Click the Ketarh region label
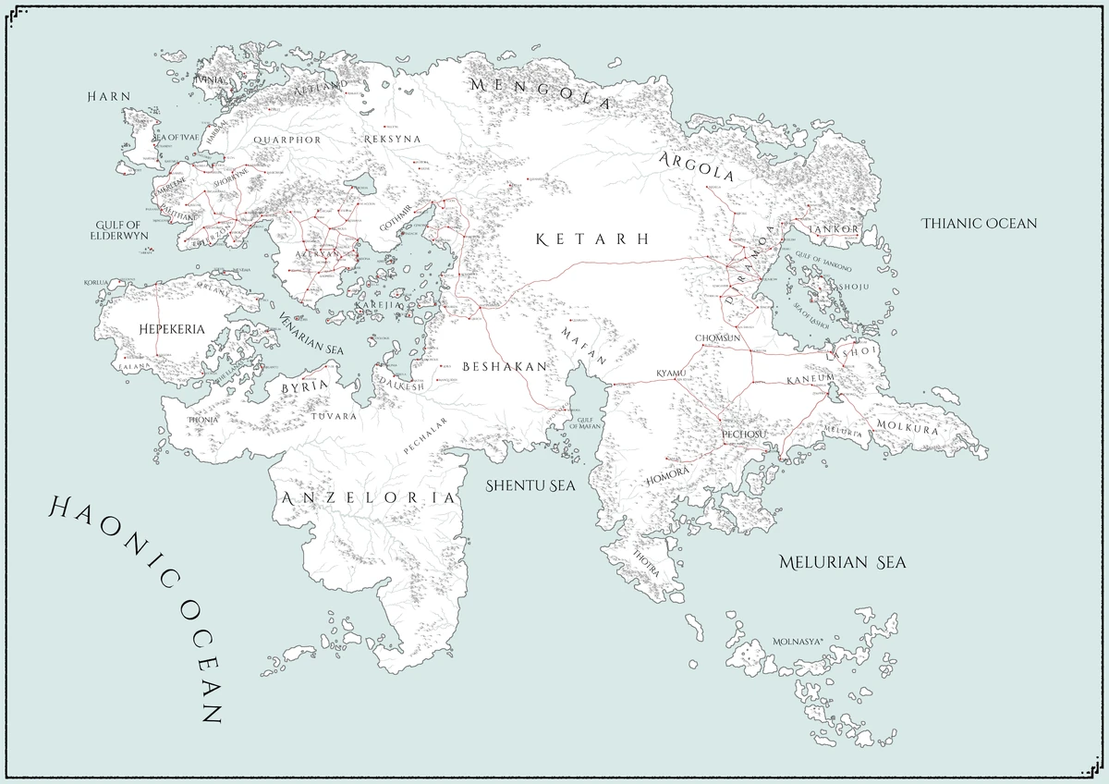[592, 239]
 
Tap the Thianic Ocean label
[980, 223]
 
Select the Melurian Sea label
[841, 562]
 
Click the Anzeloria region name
[370, 498]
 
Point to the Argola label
[697, 166]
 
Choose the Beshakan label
[505, 366]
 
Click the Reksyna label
[393, 139]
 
